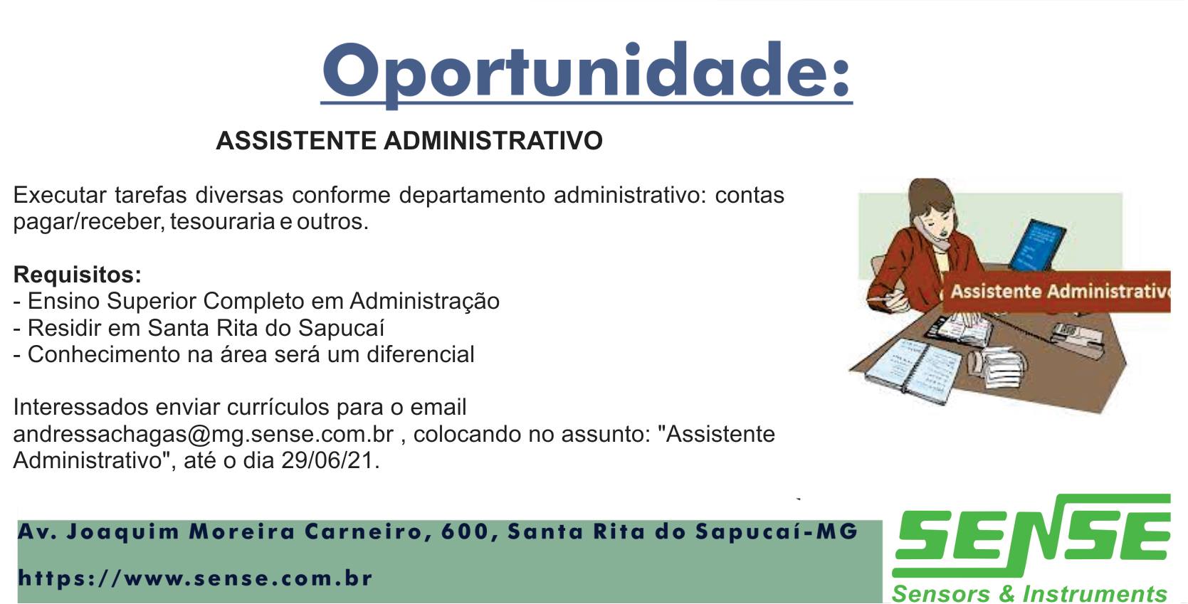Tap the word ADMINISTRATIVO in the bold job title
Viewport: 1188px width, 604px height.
[493, 141]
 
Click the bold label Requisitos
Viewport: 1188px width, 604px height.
[78, 275]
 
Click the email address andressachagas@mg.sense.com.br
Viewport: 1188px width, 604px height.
[204, 435]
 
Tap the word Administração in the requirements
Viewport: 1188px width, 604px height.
[424, 302]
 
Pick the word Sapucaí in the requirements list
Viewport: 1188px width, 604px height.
[341, 328]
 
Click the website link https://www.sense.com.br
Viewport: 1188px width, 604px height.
[195, 578]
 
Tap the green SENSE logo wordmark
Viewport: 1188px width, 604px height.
[1031, 536]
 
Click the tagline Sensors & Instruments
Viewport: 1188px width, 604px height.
[1029, 593]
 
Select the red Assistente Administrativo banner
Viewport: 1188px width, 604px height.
[1056, 292]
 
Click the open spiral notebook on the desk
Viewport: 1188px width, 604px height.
[913, 370]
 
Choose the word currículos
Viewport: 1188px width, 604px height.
[278, 408]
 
